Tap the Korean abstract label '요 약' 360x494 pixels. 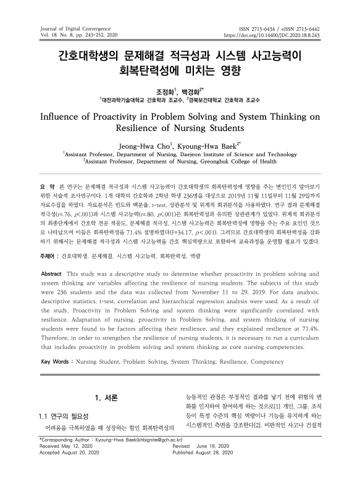pos(48,186)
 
